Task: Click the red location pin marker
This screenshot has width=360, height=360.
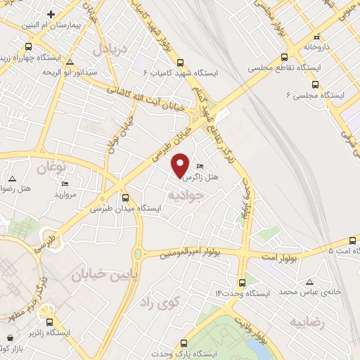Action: [x=181, y=165]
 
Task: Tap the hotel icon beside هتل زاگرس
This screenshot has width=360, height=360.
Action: [x=200, y=167]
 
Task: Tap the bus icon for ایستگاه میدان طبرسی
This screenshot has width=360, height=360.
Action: [x=125, y=198]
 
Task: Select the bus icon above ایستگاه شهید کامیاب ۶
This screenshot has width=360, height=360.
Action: [x=181, y=61]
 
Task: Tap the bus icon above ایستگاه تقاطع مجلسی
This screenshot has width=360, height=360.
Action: [x=284, y=58]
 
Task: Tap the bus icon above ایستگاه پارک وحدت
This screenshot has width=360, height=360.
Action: [x=184, y=343]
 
